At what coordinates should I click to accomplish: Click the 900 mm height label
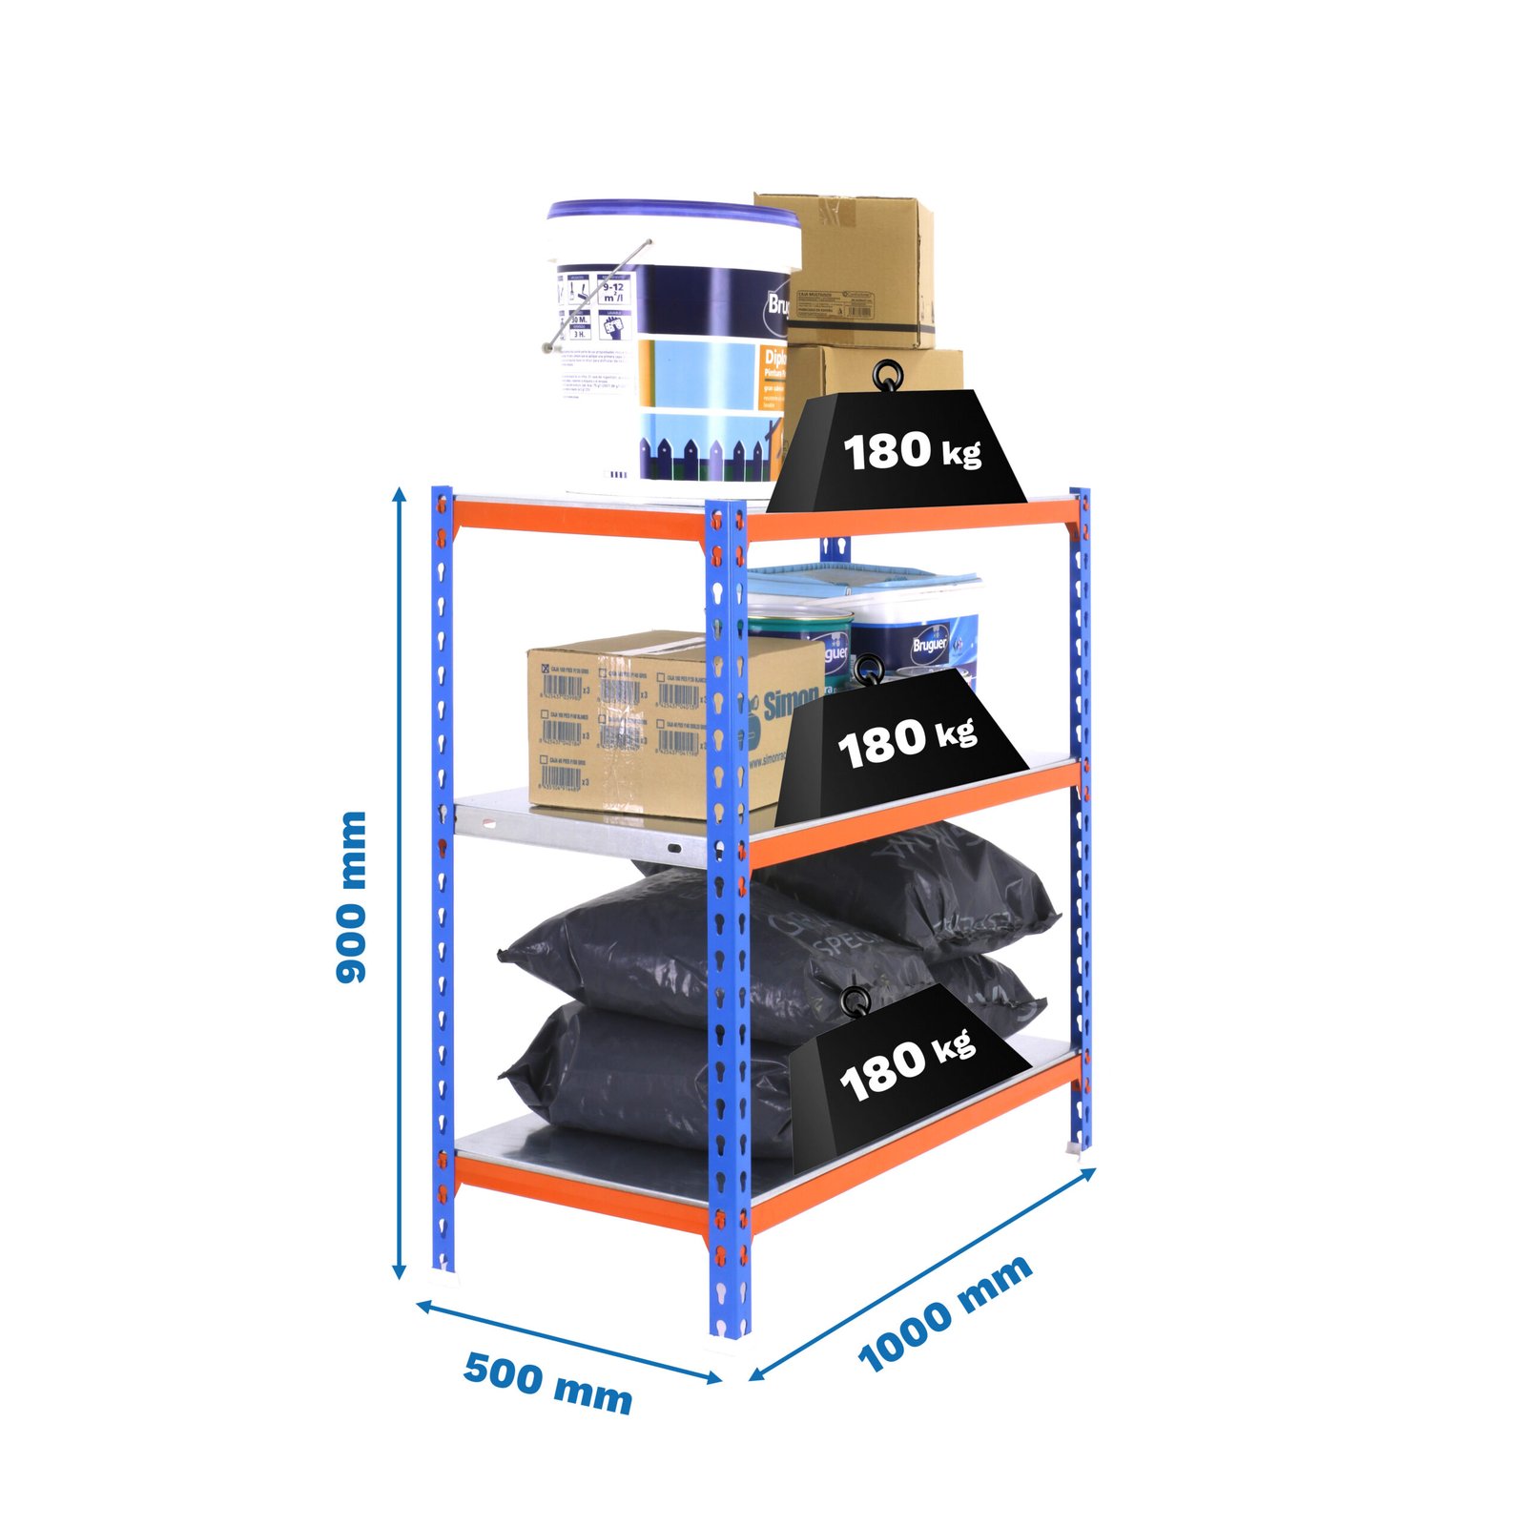click(x=352, y=897)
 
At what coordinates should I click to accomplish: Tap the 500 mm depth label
click(x=547, y=1382)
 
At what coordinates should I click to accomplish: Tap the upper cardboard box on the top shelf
click(x=858, y=267)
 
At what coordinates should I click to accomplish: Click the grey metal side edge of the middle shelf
click(x=572, y=830)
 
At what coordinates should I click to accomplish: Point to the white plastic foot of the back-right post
click(x=1078, y=1148)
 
